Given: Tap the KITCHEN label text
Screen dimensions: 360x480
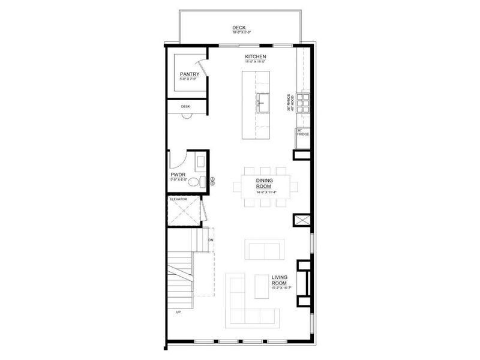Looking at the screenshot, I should click(256, 56).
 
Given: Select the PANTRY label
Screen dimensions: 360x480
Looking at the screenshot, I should click(189, 74).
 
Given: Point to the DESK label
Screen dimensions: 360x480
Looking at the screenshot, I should click(185, 107).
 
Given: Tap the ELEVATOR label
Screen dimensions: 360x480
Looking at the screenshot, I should click(179, 198).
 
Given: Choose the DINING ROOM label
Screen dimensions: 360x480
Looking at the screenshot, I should click(265, 183).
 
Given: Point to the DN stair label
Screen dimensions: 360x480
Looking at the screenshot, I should click(211, 241).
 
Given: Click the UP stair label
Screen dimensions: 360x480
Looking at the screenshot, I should click(178, 312).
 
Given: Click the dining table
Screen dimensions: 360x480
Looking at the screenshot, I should click(265, 186).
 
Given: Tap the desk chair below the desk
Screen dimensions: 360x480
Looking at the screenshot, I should click(186, 115).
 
